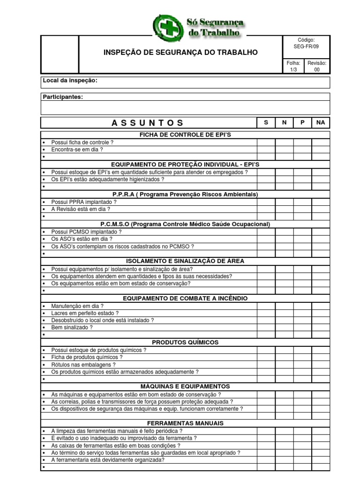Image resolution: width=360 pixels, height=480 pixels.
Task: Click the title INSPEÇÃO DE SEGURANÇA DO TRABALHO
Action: [x=180, y=52]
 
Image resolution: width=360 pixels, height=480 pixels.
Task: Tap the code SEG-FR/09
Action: [x=306, y=47]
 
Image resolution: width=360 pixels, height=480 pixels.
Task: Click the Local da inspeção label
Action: [x=70, y=81]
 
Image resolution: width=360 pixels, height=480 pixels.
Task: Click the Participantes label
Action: [x=63, y=97]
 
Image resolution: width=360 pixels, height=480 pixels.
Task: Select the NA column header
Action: [x=321, y=122]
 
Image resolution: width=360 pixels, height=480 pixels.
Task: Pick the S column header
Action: [x=266, y=122]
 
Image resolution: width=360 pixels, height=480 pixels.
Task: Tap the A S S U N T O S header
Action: [x=148, y=123]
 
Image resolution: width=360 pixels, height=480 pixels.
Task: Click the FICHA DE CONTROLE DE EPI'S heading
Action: [x=185, y=135]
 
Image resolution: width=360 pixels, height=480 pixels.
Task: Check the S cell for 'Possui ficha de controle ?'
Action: [x=266, y=142]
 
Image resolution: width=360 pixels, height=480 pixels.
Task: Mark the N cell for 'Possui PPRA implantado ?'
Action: [x=284, y=202]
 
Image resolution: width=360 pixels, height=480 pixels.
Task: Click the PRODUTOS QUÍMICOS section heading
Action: [x=185, y=342]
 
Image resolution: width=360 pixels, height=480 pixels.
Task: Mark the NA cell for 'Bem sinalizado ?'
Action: [x=321, y=328]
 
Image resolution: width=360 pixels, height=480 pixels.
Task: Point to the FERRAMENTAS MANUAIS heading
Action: [x=185, y=423]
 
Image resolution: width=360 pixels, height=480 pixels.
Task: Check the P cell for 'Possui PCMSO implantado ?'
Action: [x=302, y=232]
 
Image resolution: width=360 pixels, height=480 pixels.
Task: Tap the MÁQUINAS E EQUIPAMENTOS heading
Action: [x=185, y=386]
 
